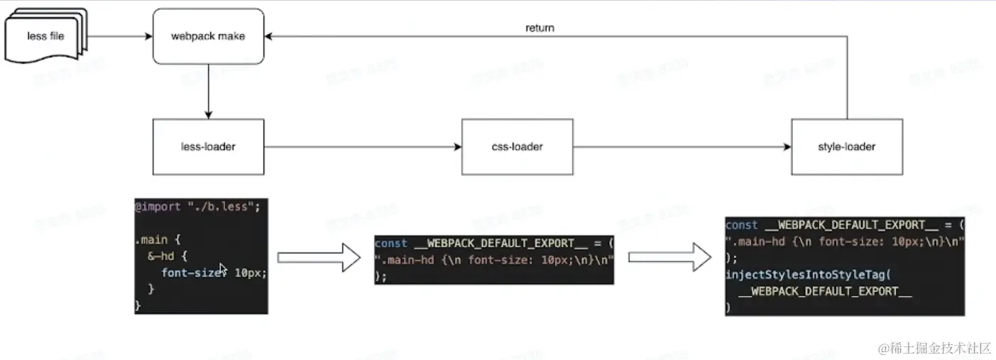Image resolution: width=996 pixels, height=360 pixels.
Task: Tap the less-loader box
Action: pyautogui.click(x=208, y=147)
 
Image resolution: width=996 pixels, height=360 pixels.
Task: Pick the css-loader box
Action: pyautogui.click(x=517, y=147)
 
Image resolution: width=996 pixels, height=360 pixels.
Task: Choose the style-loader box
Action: pyautogui.click(x=846, y=147)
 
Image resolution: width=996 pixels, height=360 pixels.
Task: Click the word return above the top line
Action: pyautogui.click(x=540, y=28)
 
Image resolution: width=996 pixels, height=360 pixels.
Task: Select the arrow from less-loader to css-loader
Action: pyautogui.click(x=362, y=147)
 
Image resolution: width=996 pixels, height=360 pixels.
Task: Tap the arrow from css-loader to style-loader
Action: pyautogui.click(x=682, y=147)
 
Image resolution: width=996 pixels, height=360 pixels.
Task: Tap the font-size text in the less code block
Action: pyautogui.click(x=189, y=273)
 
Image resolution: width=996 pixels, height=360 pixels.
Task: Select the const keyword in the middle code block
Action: pyautogui.click(x=390, y=244)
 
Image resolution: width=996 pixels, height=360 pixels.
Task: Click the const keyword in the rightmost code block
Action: pyautogui.click(x=742, y=225)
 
